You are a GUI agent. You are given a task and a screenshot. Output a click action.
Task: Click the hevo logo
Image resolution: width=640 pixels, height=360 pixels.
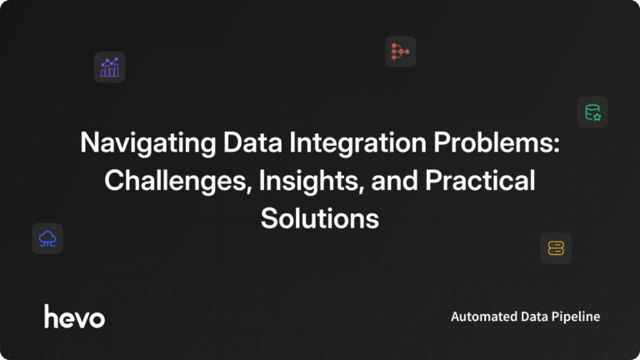pyautogui.click(x=74, y=316)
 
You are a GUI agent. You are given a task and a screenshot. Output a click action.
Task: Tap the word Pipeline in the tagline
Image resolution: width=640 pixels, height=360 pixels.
pyautogui.click(x=575, y=317)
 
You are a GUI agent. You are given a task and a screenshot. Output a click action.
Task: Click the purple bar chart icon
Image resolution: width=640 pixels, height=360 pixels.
pyautogui.click(x=109, y=67)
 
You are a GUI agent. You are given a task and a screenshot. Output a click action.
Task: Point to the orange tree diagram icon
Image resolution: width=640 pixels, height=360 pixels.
pyautogui.click(x=400, y=52)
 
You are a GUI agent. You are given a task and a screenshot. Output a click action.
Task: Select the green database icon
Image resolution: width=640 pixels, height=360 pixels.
pyautogui.click(x=592, y=112)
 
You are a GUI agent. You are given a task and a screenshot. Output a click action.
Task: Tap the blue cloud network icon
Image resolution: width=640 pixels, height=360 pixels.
pyautogui.click(x=47, y=238)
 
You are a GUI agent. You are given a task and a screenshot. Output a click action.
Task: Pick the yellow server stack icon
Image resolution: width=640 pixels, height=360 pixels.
pyautogui.click(x=556, y=247)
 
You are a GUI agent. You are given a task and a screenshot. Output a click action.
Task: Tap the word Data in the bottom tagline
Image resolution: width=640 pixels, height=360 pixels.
pyautogui.click(x=532, y=317)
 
